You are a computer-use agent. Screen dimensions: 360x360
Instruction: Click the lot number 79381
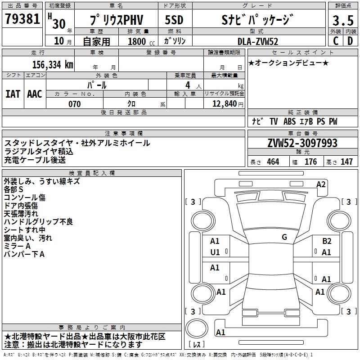[x=22, y=19]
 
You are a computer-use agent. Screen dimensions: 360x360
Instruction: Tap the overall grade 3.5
[x=343, y=20]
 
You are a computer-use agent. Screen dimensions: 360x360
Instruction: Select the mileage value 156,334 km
[x=53, y=65]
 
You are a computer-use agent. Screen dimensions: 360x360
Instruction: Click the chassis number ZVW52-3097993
[x=302, y=143]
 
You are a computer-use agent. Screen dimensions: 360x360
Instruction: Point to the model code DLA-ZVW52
[x=258, y=41]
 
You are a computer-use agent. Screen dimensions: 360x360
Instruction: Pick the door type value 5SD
[x=174, y=20]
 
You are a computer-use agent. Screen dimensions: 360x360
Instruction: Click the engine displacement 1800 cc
[x=141, y=41]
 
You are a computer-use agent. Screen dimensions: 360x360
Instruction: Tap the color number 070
[x=75, y=104]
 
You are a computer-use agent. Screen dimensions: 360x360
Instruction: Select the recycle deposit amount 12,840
[x=225, y=104]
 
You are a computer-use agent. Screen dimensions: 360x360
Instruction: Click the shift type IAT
[x=13, y=94]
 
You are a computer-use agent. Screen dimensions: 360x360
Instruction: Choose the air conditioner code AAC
[x=35, y=94]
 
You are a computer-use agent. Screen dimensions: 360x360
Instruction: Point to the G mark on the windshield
[x=284, y=237]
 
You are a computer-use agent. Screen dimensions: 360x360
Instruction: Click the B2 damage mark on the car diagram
[x=327, y=241]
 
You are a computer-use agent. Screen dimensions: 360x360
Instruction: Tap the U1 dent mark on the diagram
[x=215, y=252]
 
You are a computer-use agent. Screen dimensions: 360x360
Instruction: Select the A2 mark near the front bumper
[x=321, y=184]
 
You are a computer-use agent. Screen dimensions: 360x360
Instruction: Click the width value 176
[x=311, y=162]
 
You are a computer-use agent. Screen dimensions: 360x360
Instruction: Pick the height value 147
[x=346, y=162]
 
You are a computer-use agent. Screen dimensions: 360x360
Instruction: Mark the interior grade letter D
[x=350, y=41]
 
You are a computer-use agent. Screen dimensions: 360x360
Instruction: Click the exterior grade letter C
[x=336, y=41]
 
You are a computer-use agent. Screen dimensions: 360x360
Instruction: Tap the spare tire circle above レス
[x=197, y=328]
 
